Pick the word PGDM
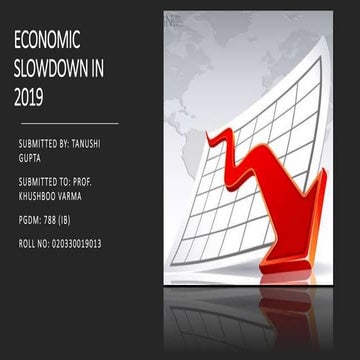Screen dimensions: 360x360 pos(31,219)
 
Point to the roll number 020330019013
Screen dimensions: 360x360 pos(88,243)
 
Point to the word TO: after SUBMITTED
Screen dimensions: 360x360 pos(76,182)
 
